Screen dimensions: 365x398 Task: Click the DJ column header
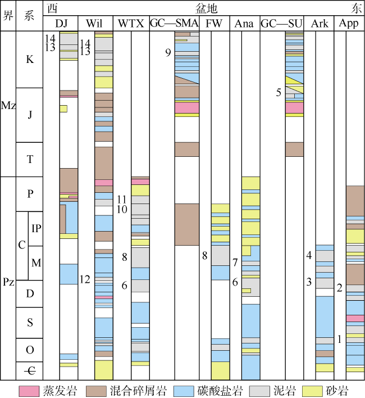[x=61, y=24]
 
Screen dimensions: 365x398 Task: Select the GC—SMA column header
[x=175, y=24]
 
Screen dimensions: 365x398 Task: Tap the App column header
[x=349, y=24]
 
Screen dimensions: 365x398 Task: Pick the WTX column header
[x=131, y=24]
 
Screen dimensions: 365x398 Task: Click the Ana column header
[x=244, y=24]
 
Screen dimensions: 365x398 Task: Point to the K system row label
[x=30, y=59]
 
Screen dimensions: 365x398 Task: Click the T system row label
[x=30, y=160]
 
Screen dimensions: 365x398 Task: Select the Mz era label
[x=8, y=105]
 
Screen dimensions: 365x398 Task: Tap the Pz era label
[x=8, y=282]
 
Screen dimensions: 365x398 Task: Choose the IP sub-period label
[x=36, y=228]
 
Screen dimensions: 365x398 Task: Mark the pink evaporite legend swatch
[x=30, y=391]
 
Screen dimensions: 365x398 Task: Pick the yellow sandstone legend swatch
[x=312, y=391]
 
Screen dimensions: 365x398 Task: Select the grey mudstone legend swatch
[x=259, y=391]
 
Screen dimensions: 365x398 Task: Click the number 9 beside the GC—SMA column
[x=168, y=53]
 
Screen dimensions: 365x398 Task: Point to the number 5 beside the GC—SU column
[x=279, y=92]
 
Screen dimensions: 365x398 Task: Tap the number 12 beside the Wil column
[x=85, y=279]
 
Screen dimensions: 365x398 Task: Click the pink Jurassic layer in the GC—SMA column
[x=187, y=107]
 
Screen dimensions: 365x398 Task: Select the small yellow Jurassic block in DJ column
[x=63, y=108]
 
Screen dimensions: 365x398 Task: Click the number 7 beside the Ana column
[x=235, y=263]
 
